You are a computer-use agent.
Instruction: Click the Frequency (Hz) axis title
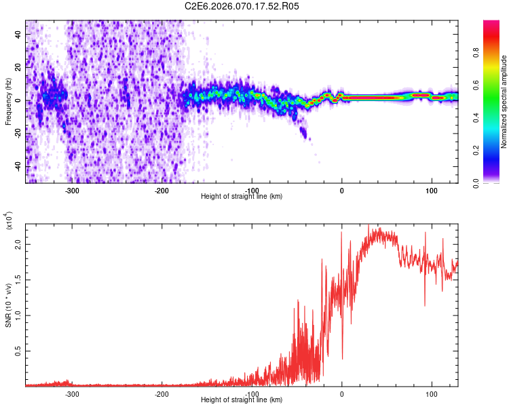pyautogui.click(x=8, y=102)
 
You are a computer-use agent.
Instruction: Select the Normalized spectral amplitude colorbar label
pyautogui.click(x=504, y=102)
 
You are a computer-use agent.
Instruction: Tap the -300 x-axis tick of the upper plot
pyautogui.click(x=72, y=191)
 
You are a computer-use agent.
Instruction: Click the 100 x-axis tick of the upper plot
pyautogui.click(x=431, y=191)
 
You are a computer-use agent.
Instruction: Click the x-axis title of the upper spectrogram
pyautogui.click(x=242, y=197)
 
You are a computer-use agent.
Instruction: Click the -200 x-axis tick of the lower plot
pyautogui.click(x=162, y=394)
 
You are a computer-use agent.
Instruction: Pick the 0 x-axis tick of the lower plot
pyautogui.click(x=341, y=394)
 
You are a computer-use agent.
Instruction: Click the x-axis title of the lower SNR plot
pyautogui.click(x=242, y=400)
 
